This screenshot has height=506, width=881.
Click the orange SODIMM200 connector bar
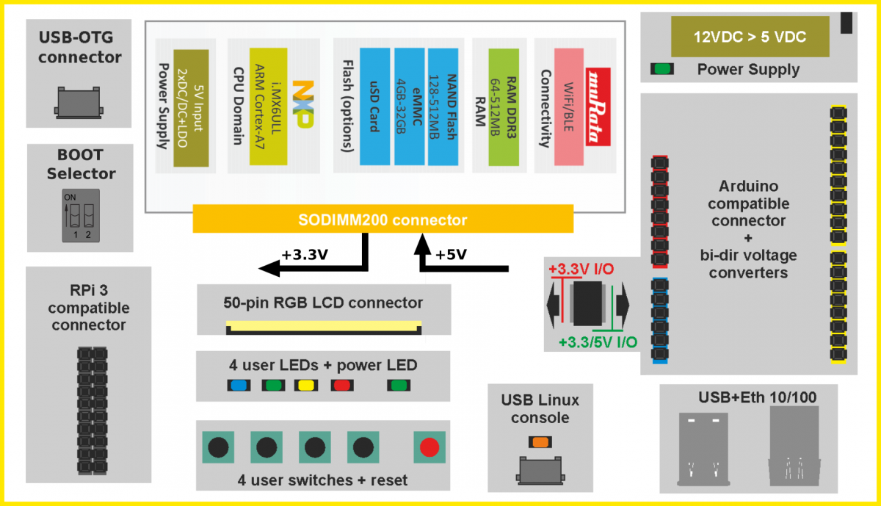click(383, 220)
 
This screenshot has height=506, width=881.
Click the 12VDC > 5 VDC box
click(750, 37)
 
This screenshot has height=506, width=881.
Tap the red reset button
click(429, 447)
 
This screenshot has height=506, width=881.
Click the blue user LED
click(238, 385)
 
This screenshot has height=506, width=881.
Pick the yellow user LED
click(305, 385)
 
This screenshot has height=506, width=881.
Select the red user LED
click(341, 385)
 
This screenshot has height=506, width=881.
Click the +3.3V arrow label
click(303, 255)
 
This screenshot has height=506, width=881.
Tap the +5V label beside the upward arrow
click(452, 255)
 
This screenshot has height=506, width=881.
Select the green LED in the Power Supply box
click(663, 69)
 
